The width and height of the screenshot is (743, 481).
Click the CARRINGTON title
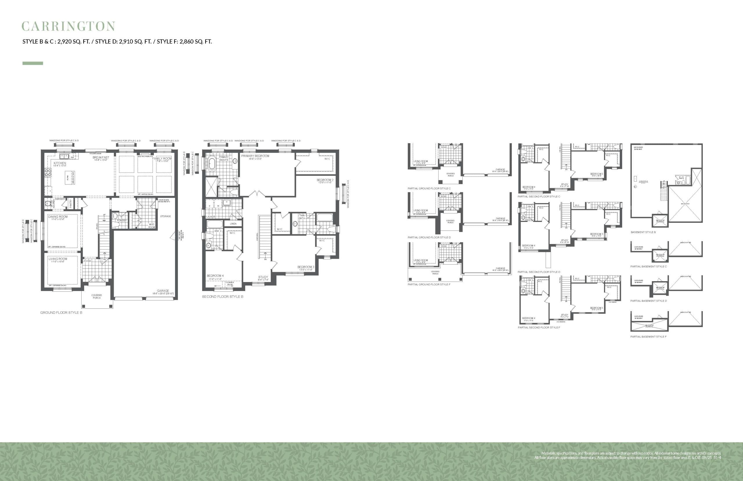coord(68,26)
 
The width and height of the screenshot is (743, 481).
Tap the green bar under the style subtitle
coord(33,63)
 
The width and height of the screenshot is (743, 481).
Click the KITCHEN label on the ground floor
coord(60,163)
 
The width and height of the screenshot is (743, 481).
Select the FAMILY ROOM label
coord(162,159)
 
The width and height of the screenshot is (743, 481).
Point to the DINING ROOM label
coord(58,217)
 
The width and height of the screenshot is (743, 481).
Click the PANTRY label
coord(71,203)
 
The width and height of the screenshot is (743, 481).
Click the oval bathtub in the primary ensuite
coord(212,164)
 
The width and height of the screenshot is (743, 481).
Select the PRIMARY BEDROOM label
coord(255,156)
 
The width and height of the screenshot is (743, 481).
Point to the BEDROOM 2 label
coord(325,180)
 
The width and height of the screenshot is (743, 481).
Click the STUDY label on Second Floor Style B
coord(263,277)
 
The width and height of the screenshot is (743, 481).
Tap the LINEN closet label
coord(233,224)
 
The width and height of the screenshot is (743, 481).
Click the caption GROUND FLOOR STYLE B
coord(61,313)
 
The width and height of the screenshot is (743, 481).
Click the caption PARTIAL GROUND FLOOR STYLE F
coord(429,285)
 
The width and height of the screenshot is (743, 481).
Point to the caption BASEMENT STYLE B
coord(643,232)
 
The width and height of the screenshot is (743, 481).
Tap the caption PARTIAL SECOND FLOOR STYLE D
coord(539,272)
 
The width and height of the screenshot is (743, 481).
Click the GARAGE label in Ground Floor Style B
coord(163,291)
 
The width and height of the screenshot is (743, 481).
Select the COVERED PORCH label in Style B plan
coord(96,296)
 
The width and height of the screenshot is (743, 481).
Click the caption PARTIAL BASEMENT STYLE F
coord(648,337)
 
